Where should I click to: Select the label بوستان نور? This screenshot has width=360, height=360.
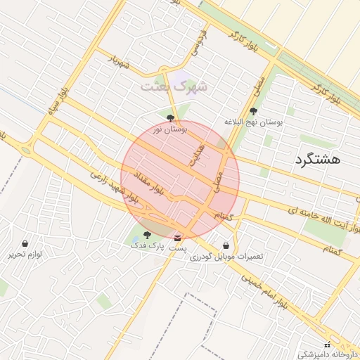[168, 131]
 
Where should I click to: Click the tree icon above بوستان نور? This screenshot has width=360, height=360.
[170, 118]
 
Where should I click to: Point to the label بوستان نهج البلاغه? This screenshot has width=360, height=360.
[253, 122]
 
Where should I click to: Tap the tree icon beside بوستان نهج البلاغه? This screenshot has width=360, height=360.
[253, 110]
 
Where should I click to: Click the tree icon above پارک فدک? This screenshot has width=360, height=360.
[147, 235]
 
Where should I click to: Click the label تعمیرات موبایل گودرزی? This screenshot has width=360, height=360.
[226, 257]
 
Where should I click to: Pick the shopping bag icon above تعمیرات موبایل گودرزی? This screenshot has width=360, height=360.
[226, 245]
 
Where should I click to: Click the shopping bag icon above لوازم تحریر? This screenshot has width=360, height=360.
[25, 243]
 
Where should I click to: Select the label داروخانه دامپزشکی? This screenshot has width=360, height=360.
[328, 354]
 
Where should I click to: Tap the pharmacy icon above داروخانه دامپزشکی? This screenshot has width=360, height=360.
[326, 344]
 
